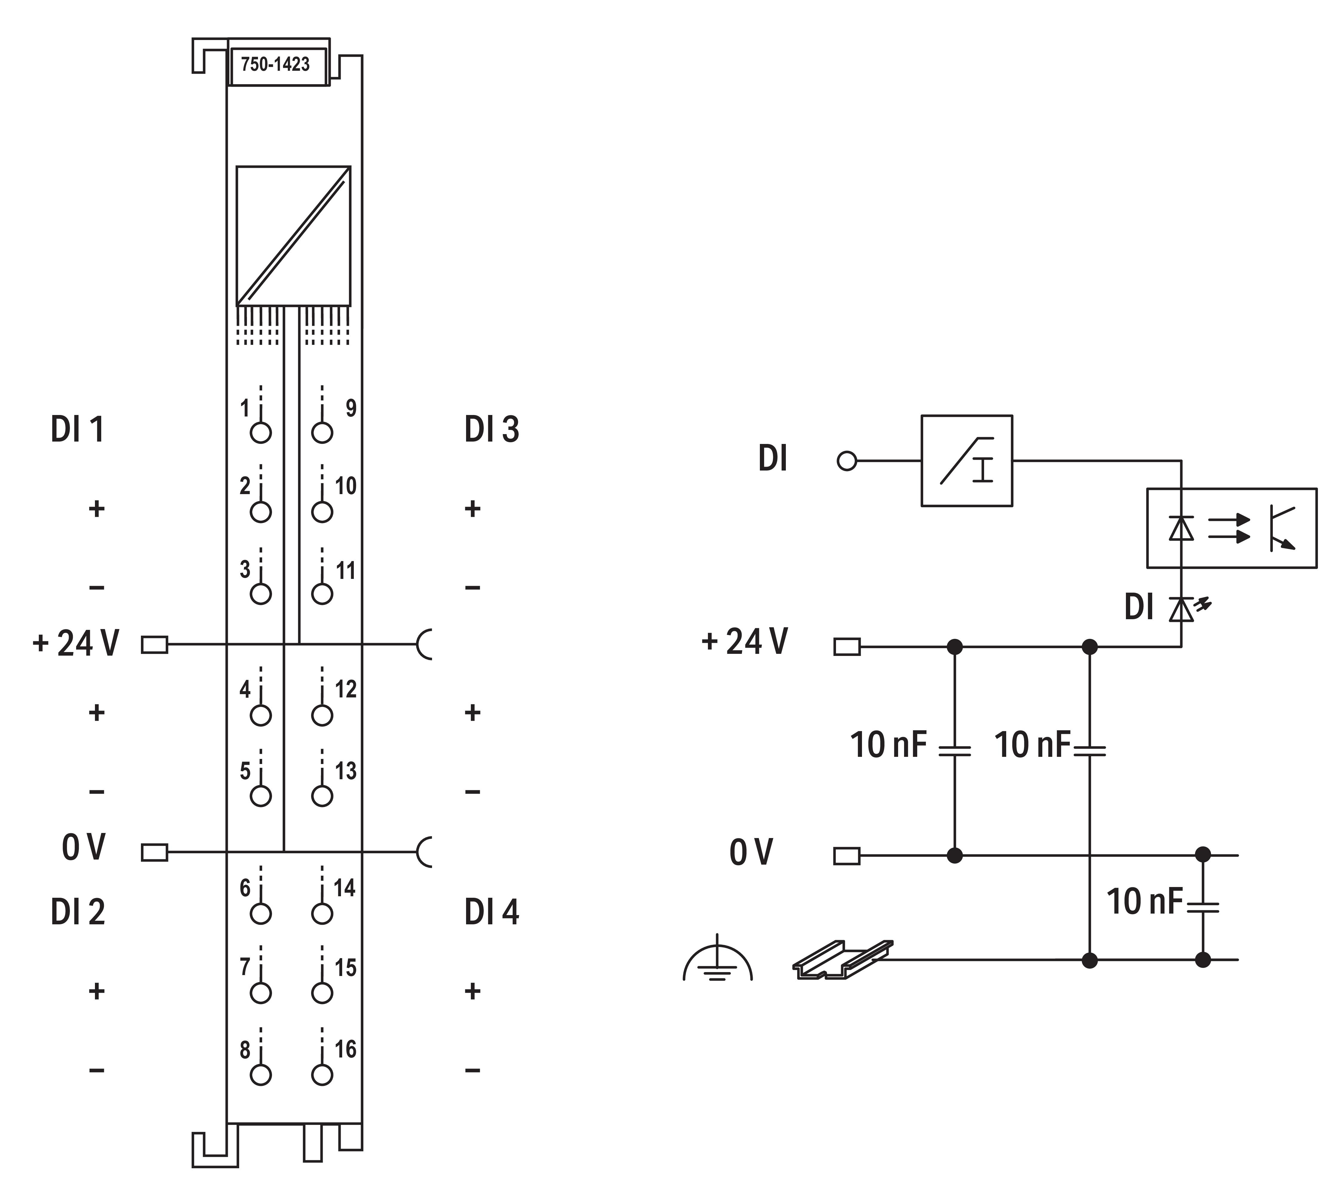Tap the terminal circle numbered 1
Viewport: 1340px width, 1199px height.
pos(261,433)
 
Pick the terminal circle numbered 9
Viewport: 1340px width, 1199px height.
pos(322,433)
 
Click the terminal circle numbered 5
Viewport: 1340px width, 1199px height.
pos(261,796)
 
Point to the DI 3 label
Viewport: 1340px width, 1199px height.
pos(491,430)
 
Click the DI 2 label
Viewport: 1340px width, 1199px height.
pos(78,912)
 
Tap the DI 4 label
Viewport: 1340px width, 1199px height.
pos(491,912)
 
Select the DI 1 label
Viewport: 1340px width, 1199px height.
pos(78,430)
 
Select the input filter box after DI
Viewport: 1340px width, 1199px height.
pos(966,460)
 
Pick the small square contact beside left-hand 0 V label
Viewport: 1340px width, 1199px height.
pos(155,852)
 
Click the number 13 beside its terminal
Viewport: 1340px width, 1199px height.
pos(346,771)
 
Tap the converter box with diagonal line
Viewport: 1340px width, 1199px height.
pos(293,236)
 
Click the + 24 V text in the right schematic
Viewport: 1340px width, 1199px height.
pos(744,642)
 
